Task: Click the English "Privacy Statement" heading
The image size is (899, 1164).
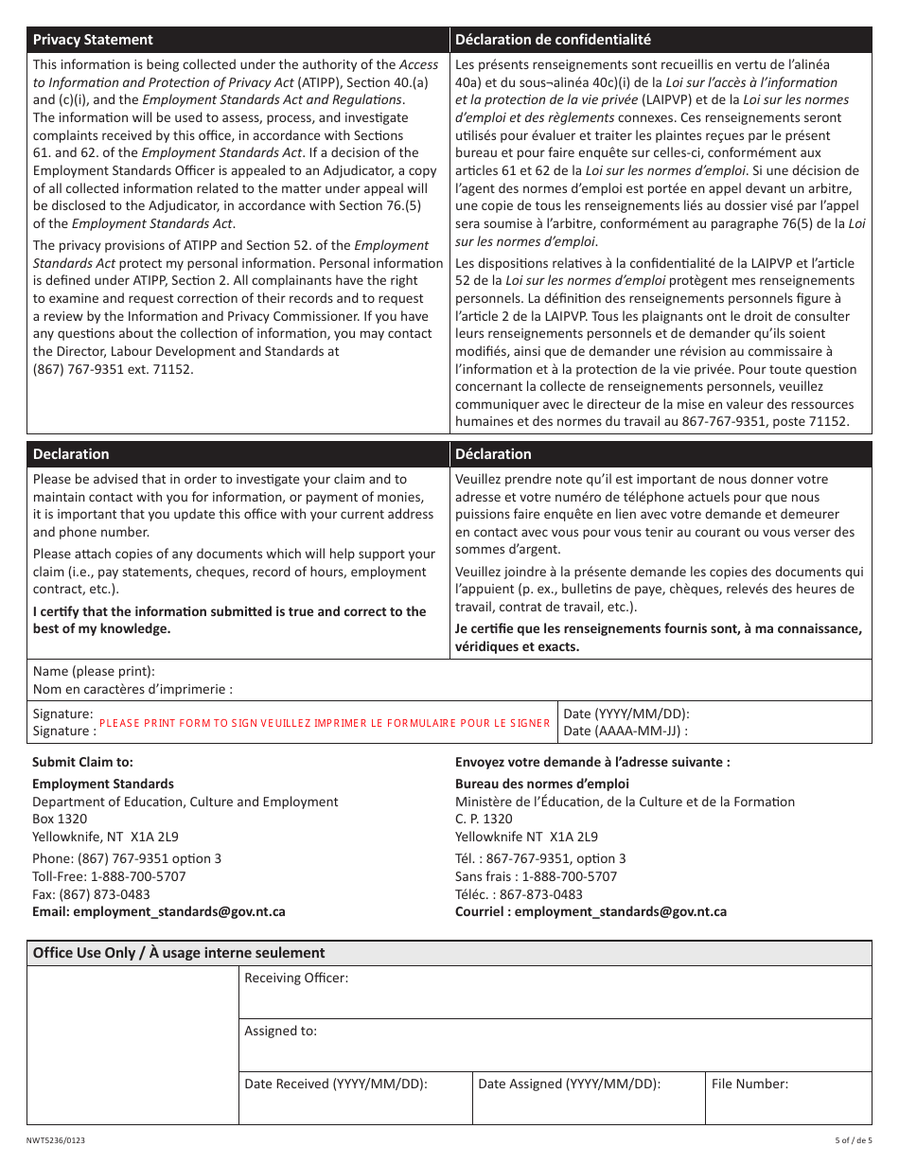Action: (93, 40)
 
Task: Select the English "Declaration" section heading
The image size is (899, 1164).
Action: (71, 453)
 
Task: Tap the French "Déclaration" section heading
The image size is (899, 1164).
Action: (493, 453)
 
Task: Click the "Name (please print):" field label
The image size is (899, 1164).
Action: (94, 671)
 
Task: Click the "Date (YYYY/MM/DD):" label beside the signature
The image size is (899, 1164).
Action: (626, 714)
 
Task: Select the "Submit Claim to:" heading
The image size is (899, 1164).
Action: (82, 762)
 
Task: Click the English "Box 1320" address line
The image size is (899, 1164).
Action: (60, 819)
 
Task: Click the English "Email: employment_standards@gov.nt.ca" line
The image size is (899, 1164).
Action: (159, 911)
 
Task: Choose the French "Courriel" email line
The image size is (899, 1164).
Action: (591, 911)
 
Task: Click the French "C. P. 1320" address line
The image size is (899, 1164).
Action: (484, 819)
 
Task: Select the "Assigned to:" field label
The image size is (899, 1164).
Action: (280, 1031)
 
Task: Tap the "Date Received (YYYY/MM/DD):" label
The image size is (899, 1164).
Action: (336, 1084)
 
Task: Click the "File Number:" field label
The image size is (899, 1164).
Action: (749, 1084)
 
